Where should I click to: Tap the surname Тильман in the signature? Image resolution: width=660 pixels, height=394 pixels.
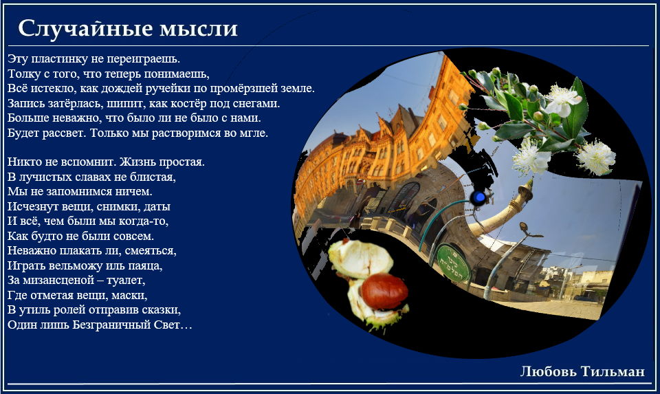click(613, 371)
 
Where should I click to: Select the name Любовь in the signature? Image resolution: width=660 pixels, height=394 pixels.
click(549, 371)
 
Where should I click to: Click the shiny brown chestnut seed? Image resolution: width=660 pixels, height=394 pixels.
click(384, 291)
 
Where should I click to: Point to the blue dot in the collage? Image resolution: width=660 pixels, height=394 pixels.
click(479, 197)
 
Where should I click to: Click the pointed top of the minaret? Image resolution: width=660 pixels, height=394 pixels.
click(531, 179)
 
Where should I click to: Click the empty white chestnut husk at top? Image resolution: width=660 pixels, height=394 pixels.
click(360, 259)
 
